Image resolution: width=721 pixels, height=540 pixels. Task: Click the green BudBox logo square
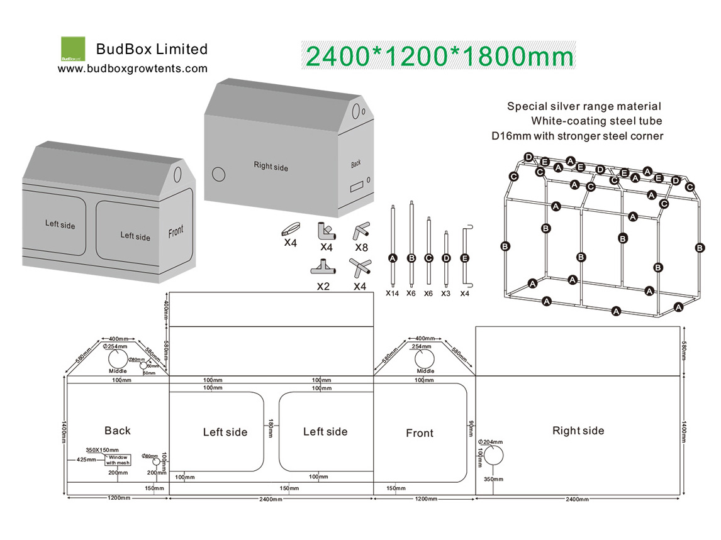point(72,48)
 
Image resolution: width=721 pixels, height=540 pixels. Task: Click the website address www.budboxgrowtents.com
point(133,69)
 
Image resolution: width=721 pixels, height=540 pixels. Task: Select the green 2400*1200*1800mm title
point(439,57)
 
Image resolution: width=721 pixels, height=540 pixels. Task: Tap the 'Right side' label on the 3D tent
point(271,166)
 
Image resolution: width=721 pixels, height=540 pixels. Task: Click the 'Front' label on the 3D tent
point(176,232)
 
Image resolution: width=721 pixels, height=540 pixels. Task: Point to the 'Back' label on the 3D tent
point(356,164)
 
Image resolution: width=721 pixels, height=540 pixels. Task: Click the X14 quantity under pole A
point(393,293)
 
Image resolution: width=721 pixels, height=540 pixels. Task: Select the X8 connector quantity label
point(361,247)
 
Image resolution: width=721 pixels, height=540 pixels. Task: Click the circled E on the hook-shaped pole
point(464,258)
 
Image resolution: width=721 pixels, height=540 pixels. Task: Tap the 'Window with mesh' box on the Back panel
point(118,460)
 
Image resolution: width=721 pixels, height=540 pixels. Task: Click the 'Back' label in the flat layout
point(118,431)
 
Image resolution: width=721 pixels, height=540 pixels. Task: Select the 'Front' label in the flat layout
point(420,433)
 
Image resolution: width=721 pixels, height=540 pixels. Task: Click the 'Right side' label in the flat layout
point(578,431)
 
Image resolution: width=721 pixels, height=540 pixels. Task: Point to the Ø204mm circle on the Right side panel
point(492,460)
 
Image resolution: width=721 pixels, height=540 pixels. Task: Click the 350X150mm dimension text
point(102,450)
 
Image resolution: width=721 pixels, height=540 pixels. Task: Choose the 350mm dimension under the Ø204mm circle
point(494,480)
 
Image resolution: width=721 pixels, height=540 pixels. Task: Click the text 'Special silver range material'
point(584,107)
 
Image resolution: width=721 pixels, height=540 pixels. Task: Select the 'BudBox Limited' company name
point(152,49)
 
